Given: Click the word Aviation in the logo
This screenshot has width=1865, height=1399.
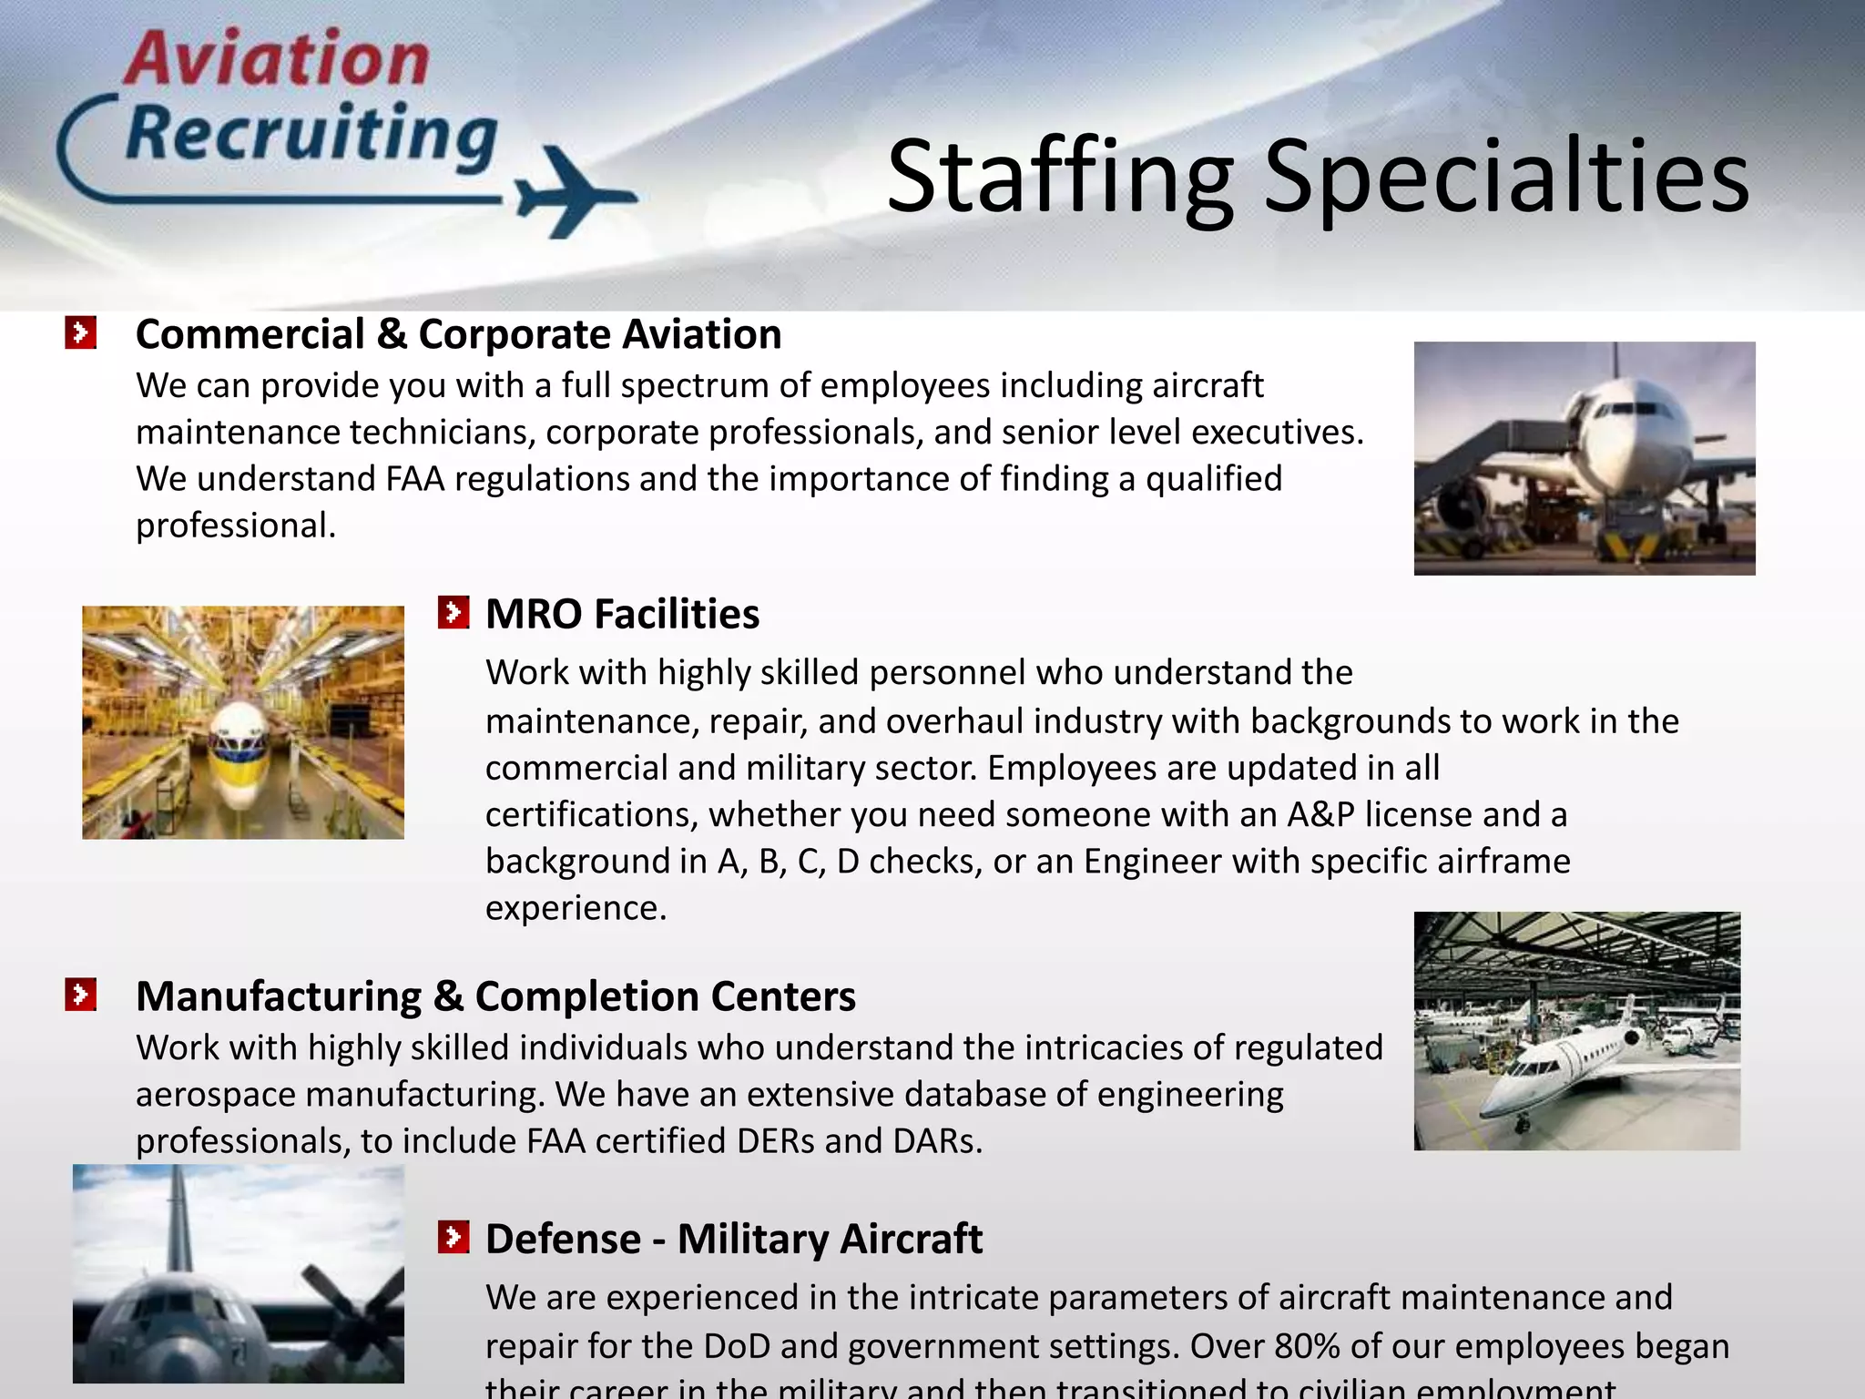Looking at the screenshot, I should (x=276, y=59).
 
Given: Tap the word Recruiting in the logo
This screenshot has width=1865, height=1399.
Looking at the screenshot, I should (x=312, y=134).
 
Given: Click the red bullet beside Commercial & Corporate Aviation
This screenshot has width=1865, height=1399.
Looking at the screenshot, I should (x=80, y=333).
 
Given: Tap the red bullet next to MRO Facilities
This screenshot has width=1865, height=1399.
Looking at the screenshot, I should (x=453, y=613).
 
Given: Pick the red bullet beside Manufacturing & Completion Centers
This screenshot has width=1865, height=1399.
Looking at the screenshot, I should (x=80, y=995).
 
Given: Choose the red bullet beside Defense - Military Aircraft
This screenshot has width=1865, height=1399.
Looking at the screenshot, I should (x=453, y=1238).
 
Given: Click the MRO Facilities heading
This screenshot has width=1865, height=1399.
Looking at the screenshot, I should (x=622, y=614).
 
